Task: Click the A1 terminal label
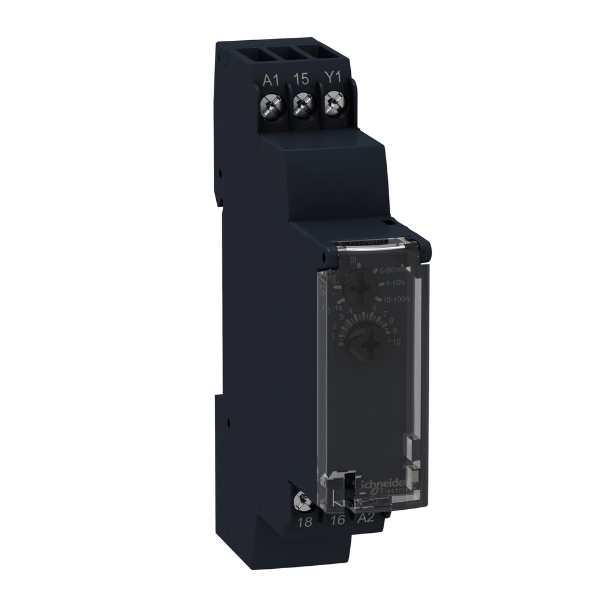(271, 80)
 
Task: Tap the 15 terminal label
(300, 80)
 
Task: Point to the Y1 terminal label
(331, 80)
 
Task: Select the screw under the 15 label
(300, 106)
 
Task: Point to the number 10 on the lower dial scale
(395, 343)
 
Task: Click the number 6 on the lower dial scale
(374, 308)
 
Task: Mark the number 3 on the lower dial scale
(342, 317)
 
